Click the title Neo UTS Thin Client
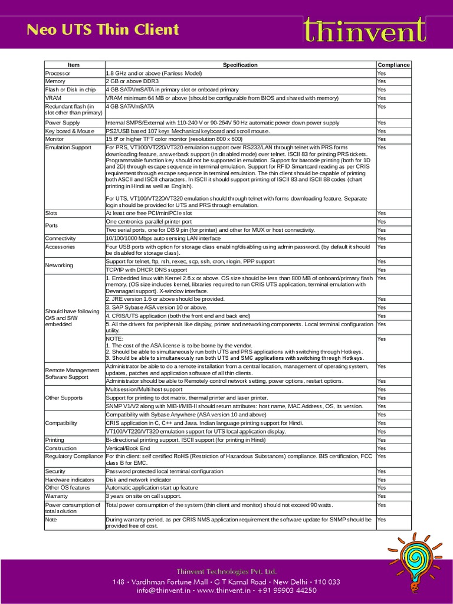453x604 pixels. click(x=103, y=29)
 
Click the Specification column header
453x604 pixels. click(x=240, y=65)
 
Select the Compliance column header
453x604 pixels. click(x=393, y=65)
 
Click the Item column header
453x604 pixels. click(x=74, y=65)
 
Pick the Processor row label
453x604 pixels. click(x=58, y=73)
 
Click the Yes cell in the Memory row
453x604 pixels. click(x=381, y=81)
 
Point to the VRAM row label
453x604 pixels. click(x=54, y=98)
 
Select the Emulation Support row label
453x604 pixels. click(x=68, y=147)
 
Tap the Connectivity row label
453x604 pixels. click(x=61, y=238)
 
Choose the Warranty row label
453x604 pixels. click(x=57, y=496)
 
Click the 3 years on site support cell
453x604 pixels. click(x=143, y=496)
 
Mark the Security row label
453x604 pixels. click(x=56, y=471)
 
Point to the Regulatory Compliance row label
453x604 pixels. click(x=74, y=457)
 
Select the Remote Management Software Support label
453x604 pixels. click(x=72, y=373)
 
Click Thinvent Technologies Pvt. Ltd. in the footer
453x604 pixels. click(x=226, y=572)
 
